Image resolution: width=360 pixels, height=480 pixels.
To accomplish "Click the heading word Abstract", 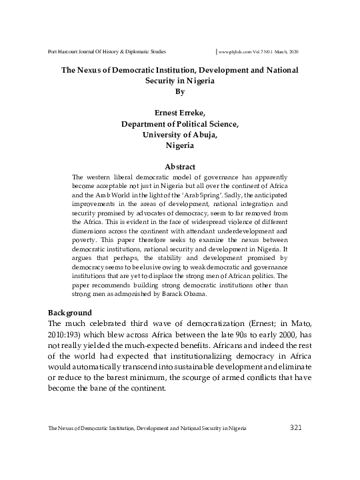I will coord(179,166).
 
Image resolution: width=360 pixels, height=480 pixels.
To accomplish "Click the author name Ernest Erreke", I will coord(179,113).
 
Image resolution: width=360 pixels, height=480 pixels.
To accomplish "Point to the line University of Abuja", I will coord(179,134).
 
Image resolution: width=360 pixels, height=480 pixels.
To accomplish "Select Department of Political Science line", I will coord(179,123).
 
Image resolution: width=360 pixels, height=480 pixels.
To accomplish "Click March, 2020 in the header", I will coord(297,51).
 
